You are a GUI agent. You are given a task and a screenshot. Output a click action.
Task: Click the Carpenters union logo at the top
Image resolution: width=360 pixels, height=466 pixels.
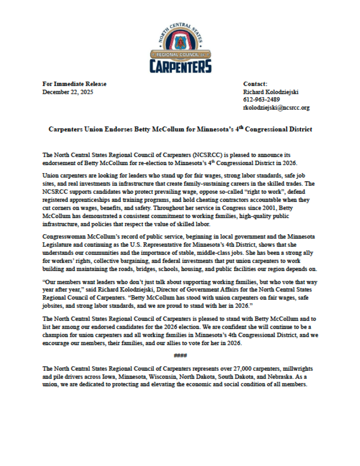[180, 49]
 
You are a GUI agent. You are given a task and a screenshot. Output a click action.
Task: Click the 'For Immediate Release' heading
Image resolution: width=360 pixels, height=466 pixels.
[74, 84]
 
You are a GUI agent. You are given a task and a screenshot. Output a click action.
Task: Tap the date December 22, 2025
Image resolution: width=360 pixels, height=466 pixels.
[68, 92]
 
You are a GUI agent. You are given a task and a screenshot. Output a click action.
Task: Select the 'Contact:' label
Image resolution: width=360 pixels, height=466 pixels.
[255, 84]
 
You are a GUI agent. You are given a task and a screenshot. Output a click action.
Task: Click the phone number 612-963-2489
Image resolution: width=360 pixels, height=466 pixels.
[262, 100]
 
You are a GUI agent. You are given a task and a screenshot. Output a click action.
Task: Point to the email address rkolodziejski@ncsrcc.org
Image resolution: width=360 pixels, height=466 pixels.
[276, 108]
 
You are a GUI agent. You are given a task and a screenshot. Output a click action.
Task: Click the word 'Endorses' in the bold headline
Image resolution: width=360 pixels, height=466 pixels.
[117, 130]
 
